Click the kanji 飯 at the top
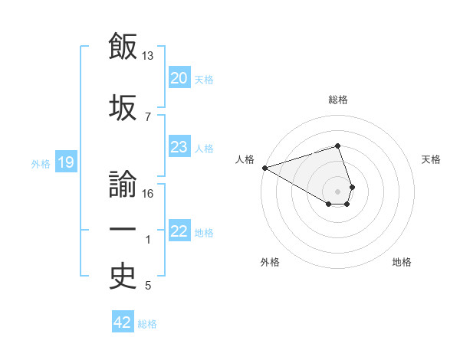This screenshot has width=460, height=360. click(123, 47)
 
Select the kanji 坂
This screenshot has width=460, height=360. click(123, 106)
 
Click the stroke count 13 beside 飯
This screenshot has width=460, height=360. click(148, 56)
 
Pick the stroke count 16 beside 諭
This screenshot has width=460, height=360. click(148, 194)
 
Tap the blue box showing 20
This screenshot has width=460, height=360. click(179, 78)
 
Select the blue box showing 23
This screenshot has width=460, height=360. click(179, 147)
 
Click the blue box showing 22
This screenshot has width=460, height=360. click(179, 231)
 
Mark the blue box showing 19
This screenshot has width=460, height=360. click(65, 162)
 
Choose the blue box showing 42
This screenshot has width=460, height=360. click(122, 322)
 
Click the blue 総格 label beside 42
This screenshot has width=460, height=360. click(147, 324)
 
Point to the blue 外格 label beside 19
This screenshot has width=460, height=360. click(41, 163)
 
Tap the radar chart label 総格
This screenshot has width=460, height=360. click(338, 100)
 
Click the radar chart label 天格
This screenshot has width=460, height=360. click(432, 159)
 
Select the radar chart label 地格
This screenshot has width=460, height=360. click(402, 262)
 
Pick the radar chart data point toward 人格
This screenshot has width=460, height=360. click(264, 168)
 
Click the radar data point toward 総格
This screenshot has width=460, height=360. click(338, 146)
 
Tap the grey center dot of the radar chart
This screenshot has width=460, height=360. click(338, 191)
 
